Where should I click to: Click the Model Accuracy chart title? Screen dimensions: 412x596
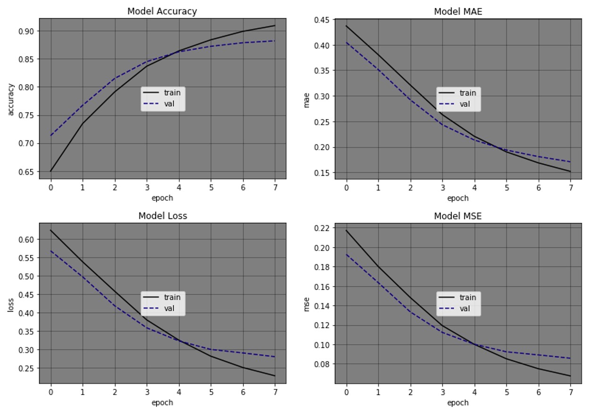tap(162, 11)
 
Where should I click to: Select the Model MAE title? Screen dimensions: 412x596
tap(458, 11)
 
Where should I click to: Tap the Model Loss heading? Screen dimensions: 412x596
tap(162, 216)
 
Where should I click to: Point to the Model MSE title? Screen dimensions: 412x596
tap(458, 216)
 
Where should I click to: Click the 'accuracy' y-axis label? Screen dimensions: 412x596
tap(11, 99)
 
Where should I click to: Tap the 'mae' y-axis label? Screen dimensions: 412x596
tap(306, 99)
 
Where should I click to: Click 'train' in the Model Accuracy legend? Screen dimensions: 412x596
tap(172, 93)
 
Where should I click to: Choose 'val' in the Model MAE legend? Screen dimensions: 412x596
tap(464, 104)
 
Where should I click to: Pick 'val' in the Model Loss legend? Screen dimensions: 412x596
tap(169, 308)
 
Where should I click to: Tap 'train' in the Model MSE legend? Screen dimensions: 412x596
tap(468, 297)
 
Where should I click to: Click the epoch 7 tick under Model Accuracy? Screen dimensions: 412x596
tap(275, 187)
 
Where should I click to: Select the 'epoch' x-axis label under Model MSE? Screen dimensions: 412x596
tap(458, 403)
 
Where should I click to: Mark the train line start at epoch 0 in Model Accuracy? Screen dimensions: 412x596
tap(50, 171)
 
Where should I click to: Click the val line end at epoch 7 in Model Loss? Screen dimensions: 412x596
tap(275, 357)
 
